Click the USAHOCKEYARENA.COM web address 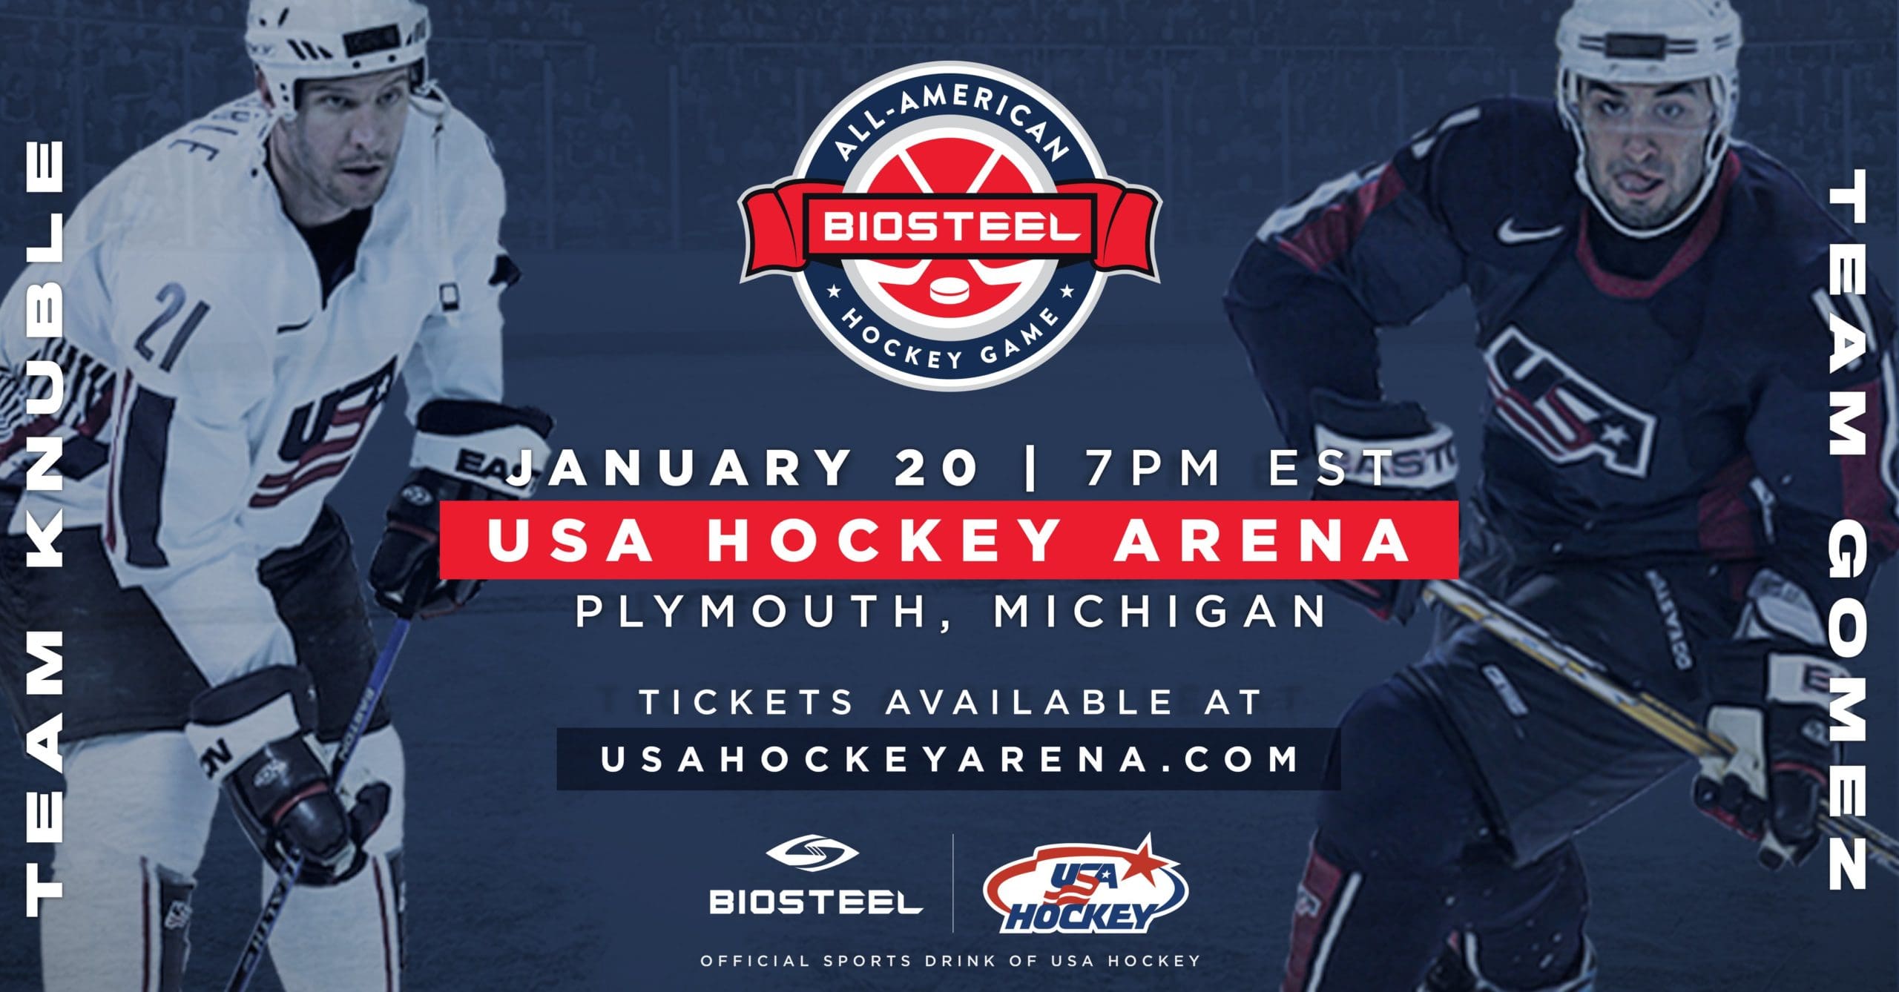(949, 758)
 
